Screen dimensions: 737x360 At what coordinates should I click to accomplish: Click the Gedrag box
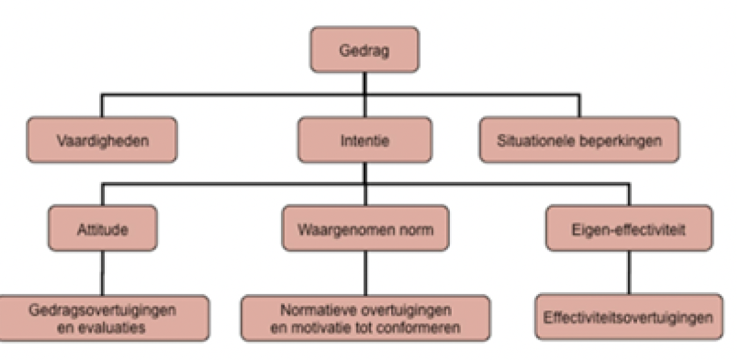(x=365, y=49)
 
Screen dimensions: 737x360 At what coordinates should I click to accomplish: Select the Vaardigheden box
(x=102, y=140)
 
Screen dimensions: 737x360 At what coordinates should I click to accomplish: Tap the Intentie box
(x=365, y=140)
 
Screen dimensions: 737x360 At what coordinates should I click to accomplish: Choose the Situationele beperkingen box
(x=579, y=140)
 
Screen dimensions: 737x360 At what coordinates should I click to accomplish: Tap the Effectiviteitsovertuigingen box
(x=629, y=318)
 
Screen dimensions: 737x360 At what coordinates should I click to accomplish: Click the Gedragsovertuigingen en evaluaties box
(x=102, y=318)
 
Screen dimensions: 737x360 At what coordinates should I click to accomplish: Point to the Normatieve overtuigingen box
(x=365, y=318)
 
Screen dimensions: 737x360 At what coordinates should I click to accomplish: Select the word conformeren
(x=426, y=327)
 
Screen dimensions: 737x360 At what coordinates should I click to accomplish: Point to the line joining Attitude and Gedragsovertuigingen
(x=102, y=274)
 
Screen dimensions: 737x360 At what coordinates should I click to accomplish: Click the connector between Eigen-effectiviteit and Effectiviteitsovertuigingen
(x=629, y=274)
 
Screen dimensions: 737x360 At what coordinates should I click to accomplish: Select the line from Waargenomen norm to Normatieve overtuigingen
(x=365, y=274)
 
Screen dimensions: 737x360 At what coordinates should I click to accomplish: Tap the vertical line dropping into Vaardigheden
(x=102, y=106)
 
